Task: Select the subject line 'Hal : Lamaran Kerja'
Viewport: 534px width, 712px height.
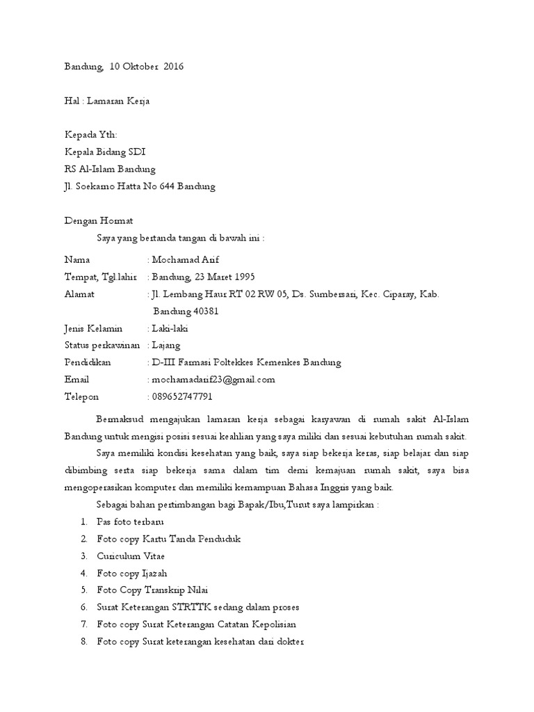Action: [106, 101]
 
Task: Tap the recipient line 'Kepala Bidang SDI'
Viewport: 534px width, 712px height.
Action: [105, 152]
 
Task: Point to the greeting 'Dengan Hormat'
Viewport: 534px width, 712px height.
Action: [98, 221]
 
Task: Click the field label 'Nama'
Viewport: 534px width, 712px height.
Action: [77, 259]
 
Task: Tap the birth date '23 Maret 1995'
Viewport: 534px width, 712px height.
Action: [229, 277]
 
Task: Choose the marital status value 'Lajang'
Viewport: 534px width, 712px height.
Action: [166, 345]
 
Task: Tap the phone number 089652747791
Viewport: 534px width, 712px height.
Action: [182, 397]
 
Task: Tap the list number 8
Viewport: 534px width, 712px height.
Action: [83, 641]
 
